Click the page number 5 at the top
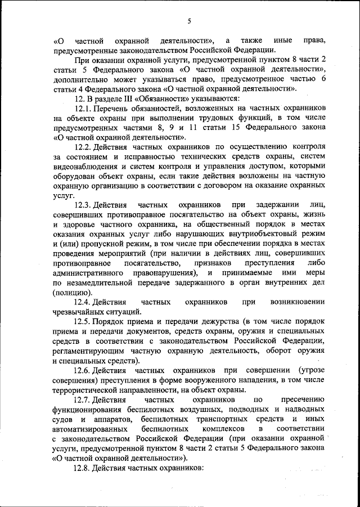click(x=190, y=21)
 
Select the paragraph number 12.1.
click(x=83, y=107)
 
